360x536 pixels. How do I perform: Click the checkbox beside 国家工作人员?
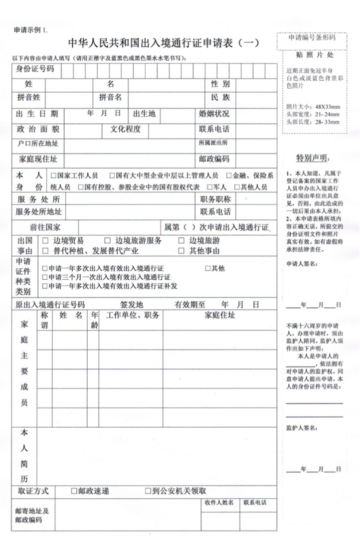point(53,176)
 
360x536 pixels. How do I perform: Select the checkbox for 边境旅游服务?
point(106,240)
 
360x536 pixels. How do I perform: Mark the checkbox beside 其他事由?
point(181,251)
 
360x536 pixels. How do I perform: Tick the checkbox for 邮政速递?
point(74,491)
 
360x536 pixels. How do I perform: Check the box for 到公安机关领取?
point(148,491)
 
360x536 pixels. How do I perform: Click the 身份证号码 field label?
point(35,69)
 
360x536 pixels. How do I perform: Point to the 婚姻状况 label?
point(214,114)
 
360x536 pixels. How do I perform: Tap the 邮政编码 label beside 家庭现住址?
point(214,160)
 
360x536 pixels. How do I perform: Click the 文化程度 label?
point(126,129)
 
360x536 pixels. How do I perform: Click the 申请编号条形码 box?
point(312,37)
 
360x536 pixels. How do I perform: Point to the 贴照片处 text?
point(312,53)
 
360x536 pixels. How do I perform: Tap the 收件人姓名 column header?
point(219,503)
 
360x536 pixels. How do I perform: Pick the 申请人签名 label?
point(301,263)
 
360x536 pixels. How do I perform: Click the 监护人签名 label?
point(301,427)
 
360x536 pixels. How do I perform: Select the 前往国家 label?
point(45,227)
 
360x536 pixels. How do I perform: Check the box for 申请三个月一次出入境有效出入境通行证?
point(45,277)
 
